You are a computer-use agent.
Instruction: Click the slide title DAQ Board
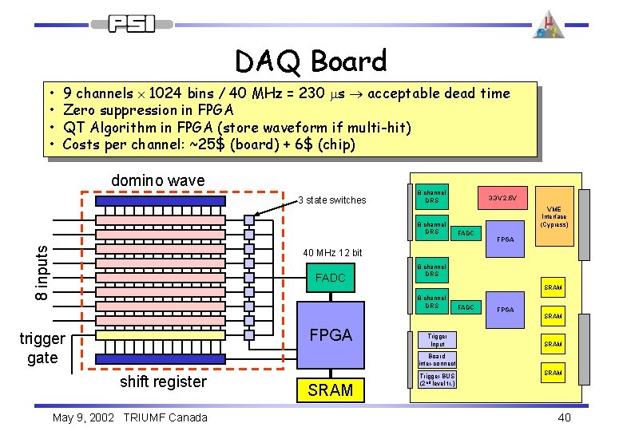tap(311, 61)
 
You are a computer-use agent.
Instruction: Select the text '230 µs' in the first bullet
tap(330, 93)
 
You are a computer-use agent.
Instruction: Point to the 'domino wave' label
tap(157, 181)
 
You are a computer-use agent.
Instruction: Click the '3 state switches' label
tap(331, 200)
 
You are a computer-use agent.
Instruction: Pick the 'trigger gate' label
tap(42, 348)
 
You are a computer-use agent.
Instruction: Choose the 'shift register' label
tap(163, 382)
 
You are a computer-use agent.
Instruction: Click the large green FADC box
tap(330, 278)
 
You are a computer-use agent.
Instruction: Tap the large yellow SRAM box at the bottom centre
tap(330, 389)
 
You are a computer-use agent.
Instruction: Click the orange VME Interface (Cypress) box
tap(554, 215)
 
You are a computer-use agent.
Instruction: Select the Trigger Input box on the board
tap(437, 340)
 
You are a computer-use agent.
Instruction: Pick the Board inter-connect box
tap(437, 359)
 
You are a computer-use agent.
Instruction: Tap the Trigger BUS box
tap(437, 378)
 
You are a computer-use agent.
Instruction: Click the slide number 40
tap(564, 417)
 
